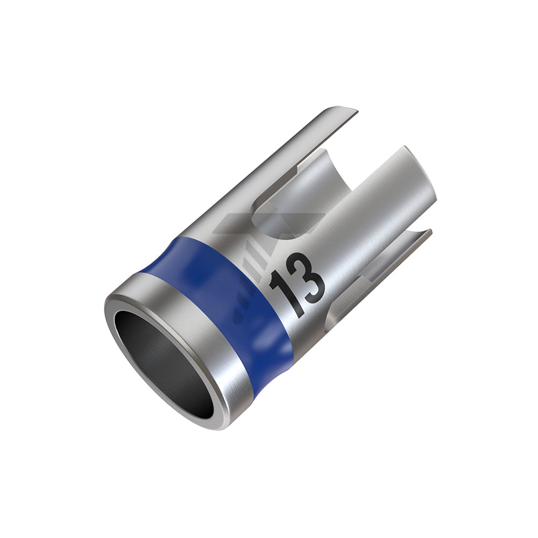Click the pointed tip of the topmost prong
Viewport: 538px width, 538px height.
click(357, 111)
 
